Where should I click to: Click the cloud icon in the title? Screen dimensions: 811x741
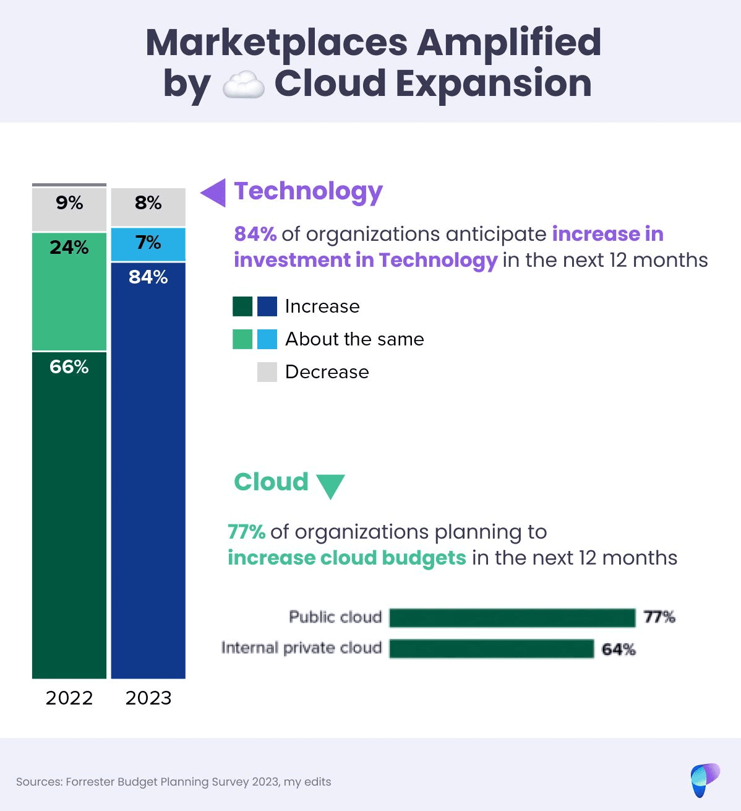click(x=243, y=85)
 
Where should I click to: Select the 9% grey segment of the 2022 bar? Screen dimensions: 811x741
click(x=69, y=209)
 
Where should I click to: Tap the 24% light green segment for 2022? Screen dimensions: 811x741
click(x=69, y=291)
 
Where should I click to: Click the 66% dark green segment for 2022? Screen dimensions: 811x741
click(x=69, y=514)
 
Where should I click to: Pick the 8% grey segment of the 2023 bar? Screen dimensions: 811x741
click(x=148, y=207)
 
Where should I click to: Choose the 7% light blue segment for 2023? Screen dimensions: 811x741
click(x=148, y=244)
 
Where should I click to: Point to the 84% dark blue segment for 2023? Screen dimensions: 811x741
click(x=148, y=471)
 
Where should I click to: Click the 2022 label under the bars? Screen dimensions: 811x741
click(x=69, y=698)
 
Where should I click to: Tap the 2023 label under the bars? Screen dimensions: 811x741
click(x=148, y=698)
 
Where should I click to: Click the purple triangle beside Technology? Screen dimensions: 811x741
click(x=214, y=193)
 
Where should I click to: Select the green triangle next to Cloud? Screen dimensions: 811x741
click(x=330, y=485)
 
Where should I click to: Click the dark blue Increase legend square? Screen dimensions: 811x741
click(x=267, y=306)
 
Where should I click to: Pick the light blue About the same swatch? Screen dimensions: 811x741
click(x=267, y=339)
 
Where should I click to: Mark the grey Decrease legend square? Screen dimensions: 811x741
click(x=267, y=372)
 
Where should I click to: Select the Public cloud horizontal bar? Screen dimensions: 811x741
click(x=512, y=618)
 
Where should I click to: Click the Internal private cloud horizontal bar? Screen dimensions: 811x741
click(x=492, y=649)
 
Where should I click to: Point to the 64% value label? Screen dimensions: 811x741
click(x=619, y=649)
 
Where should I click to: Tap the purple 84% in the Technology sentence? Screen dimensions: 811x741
click(x=255, y=234)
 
